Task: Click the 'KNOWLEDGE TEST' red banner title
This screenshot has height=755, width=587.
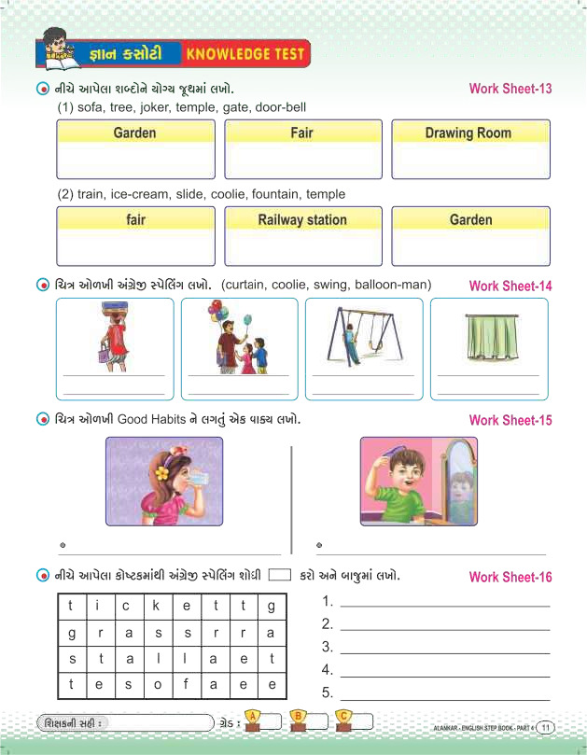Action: (245, 54)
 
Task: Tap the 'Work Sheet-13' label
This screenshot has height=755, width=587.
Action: (510, 90)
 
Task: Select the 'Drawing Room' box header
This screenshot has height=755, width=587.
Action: (468, 133)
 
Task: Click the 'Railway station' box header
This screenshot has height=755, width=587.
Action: (301, 220)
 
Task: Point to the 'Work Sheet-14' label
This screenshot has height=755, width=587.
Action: (510, 287)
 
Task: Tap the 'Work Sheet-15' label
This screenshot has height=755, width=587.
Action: (510, 420)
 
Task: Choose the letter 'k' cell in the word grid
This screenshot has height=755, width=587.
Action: (157, 606)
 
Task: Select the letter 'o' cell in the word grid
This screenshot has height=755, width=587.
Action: (157, 684)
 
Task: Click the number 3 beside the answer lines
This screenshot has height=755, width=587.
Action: (328, 647)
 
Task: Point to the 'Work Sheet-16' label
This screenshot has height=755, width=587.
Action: (510, 577)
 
